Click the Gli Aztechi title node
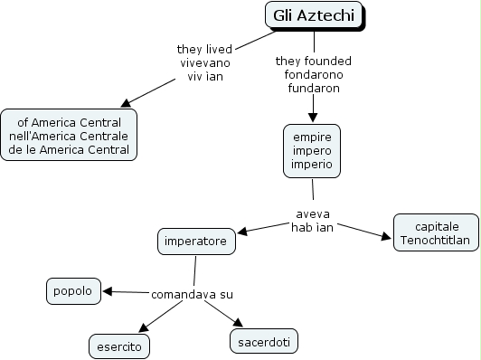314,15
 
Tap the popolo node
73,291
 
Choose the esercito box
119,346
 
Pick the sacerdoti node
262,341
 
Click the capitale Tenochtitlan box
436,233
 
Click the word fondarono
314,75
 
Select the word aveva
311,213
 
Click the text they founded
314,62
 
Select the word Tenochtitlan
436,241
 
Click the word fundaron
314,89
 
